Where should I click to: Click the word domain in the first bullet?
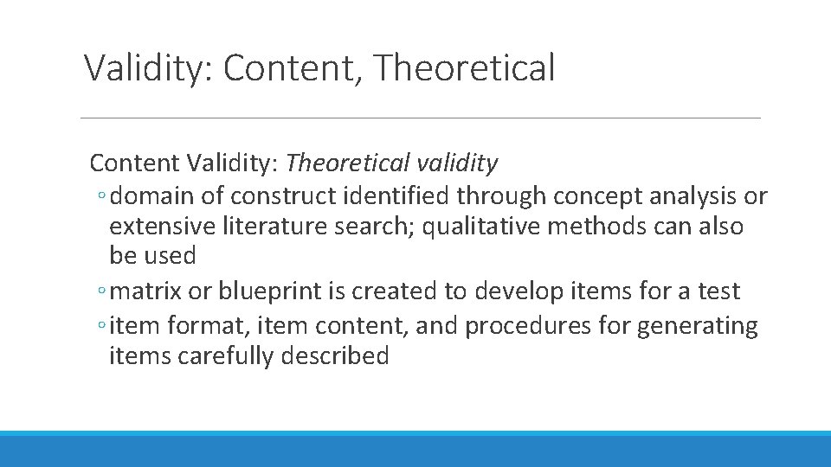(152, 197)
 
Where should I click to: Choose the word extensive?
(164, 227)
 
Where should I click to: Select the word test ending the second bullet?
(718, 291)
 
